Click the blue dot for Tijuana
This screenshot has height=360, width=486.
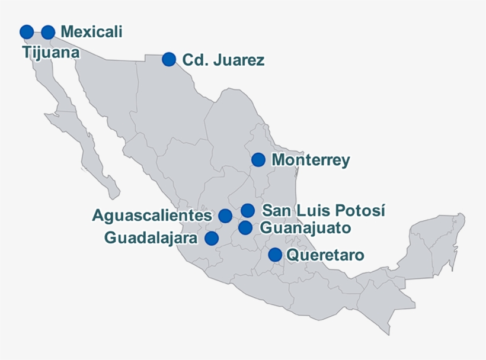click(x=27, y=32)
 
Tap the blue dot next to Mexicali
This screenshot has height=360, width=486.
click(x=48, y=32)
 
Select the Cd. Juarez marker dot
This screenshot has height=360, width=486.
click(x=169, y=59)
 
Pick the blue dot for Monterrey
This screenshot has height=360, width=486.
click(x=258, y=159)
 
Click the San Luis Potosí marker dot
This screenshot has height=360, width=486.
click(x=248, y=210)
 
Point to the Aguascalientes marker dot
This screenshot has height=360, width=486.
click(x=225, y=216)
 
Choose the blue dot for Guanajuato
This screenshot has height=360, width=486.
click(x=245, y=227)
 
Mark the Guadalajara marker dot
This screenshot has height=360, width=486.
click(x=212, y=238)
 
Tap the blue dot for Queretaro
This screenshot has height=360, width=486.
click(x=275, y=255)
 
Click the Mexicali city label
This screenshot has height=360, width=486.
click(x=91, y=32)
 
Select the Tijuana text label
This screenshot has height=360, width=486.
click(x=52, y=52)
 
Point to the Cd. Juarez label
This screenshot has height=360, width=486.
click(x=223, y=60)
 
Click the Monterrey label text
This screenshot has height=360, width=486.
click(x=311, y=160)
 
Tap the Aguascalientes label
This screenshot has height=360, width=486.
click(x=152, y=216)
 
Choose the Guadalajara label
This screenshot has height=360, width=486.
click(x=151, y=238)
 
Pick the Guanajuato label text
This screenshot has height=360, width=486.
click(x=305, y=228)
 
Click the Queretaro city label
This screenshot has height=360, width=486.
click(x=325, y=255)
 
